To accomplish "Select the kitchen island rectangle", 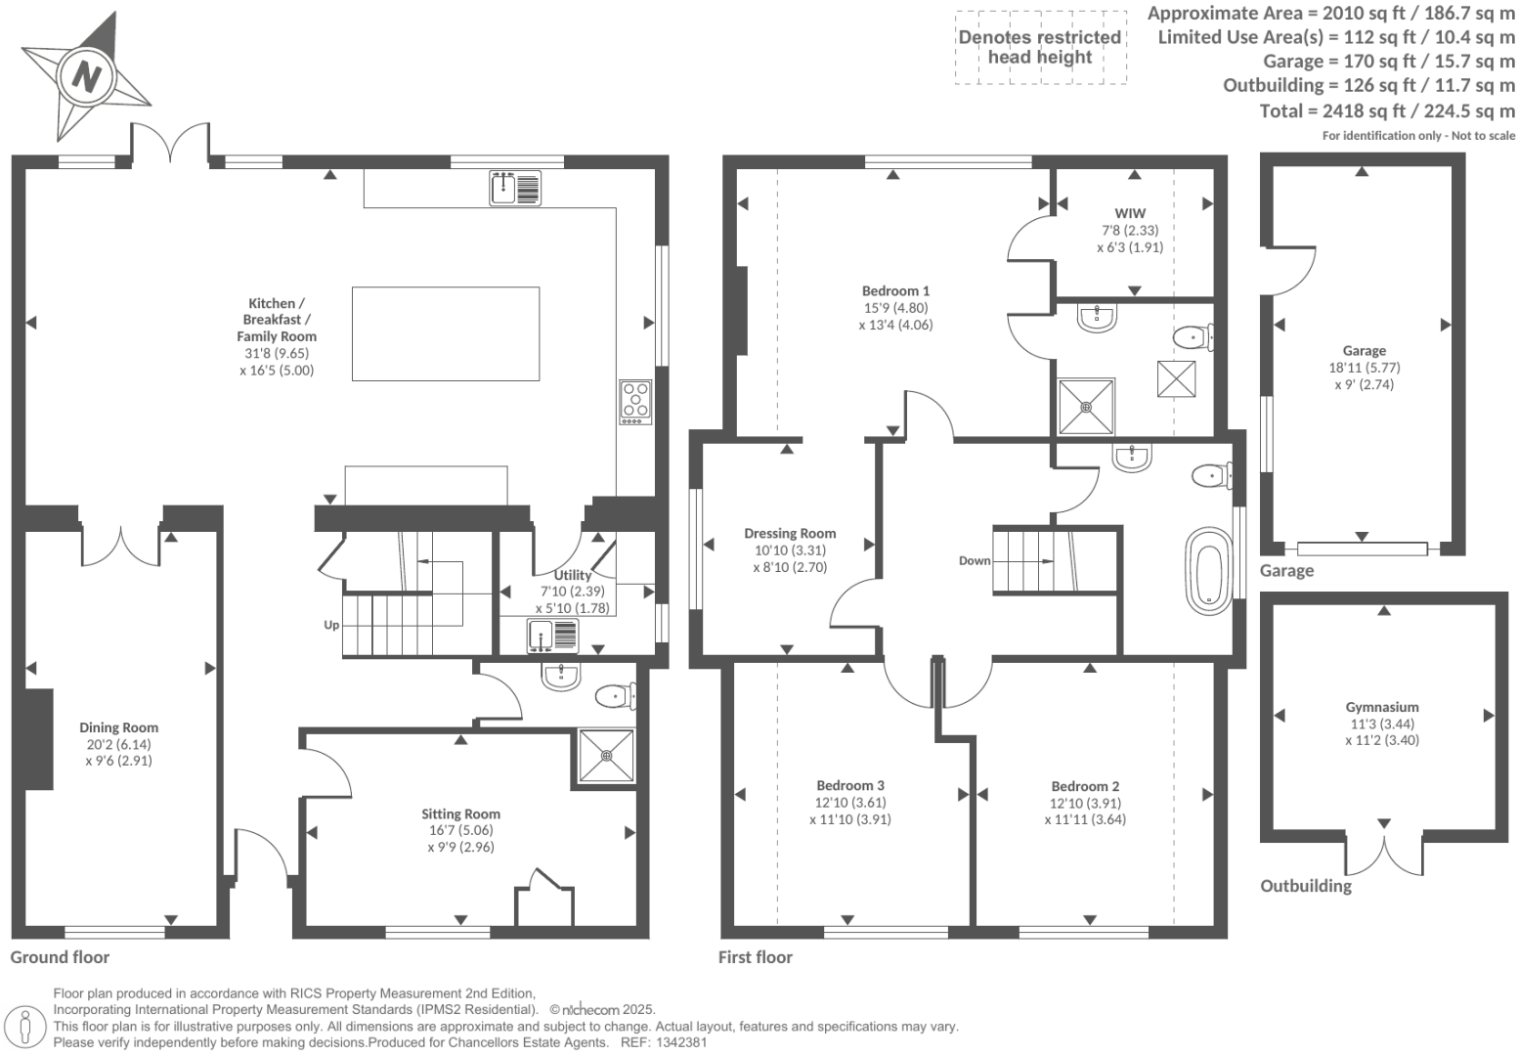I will [x=445, y=333].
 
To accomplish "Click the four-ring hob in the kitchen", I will [x=635, y=401].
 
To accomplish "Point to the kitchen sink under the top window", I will [x=515, y=188].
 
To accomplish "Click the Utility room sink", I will [x=552, y=636].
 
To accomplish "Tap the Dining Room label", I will [x=118, y=727].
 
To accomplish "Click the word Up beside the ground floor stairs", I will [x=331, y=625].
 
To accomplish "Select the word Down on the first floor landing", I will [x=975, y=560].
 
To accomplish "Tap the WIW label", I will [x=1130, y=213].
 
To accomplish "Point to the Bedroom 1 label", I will [x=895, y=290].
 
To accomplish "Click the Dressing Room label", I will [x=790, y=533].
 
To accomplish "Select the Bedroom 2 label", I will [x=1085, y=786].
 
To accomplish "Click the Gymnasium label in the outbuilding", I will [x=1381, y=707].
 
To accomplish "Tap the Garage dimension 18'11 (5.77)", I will [x=1364, y=368].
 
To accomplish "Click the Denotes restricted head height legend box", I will [x=1040, y=47].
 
